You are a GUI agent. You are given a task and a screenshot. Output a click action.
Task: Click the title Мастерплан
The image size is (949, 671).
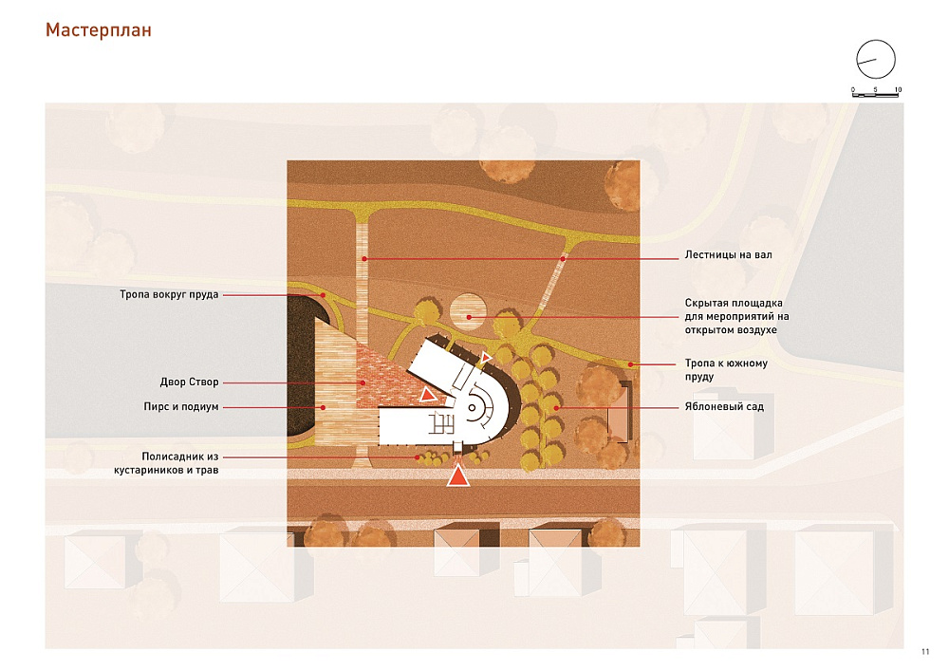click(98, 30)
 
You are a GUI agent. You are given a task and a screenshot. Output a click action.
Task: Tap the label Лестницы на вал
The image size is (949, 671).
click(728, 254)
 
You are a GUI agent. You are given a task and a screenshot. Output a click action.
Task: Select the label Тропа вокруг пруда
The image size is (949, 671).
click(169, 294)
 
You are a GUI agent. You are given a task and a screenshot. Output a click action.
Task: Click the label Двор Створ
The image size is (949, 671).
click(190, 382)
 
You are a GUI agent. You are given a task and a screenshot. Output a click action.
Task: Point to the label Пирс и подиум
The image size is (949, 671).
click(181, 406)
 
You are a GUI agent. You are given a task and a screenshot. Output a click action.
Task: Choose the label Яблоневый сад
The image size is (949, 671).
click(724, 406)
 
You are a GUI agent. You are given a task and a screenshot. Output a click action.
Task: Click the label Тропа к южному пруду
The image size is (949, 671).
click(726, 370)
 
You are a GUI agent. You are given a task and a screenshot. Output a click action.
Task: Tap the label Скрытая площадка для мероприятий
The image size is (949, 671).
click(736, 316)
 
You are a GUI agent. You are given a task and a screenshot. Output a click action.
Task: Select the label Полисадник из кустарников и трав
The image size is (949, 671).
click(166, 463)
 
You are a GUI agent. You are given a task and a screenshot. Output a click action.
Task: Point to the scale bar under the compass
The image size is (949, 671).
click(876, 95)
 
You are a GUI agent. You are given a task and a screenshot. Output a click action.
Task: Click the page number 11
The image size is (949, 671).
click(924, 652)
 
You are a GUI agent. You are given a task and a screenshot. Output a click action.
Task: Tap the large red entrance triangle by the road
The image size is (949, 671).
click(458, 476)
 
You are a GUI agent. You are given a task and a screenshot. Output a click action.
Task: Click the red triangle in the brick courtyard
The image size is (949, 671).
click(428, 395)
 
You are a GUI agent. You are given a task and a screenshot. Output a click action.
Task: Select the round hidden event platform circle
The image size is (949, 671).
click(468, 312)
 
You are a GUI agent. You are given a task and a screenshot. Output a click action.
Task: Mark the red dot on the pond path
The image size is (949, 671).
click(324, 295)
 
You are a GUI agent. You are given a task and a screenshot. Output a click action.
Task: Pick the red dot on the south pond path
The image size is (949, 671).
click(631, 364)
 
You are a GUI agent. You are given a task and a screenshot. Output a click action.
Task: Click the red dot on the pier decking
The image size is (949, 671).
click(324, 408)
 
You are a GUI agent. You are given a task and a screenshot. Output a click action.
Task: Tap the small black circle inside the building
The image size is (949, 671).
click(472, 408)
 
